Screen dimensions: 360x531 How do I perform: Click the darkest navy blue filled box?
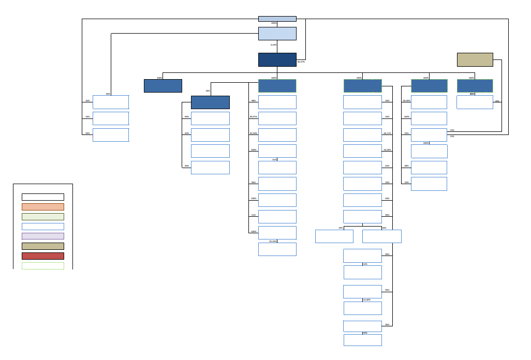click(x=277, y=59)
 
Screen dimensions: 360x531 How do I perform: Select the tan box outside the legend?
click(x=475, y=59)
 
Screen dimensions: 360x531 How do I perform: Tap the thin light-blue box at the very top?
click(x=277, y=19)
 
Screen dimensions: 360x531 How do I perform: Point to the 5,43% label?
click(x=273, y=45)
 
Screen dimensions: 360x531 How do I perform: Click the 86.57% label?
click(x=301, y=62)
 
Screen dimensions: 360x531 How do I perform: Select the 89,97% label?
click(x=253, y=117)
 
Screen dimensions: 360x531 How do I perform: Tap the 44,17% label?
click(x=387, y=133)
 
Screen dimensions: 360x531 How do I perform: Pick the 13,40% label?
click(x=366, y=300)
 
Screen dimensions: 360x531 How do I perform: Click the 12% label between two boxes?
click(x=365, y=264)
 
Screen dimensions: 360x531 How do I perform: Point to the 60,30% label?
click(x=406, y=100)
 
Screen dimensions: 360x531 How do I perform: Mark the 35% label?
click(x=87, y=100)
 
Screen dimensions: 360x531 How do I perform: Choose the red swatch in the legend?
click(x=43, y=256)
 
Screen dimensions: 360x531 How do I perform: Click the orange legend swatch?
click(x=43, y=207)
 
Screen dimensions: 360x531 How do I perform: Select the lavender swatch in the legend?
click(x=43, y=236)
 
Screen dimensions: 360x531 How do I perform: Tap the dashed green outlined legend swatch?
click(x=43, y=266)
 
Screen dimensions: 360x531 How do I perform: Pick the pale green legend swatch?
click(x=43, y=217)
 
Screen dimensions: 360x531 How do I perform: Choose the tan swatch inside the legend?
click(x=43, y=246)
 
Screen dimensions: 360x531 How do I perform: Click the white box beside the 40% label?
click(x=210, y=168)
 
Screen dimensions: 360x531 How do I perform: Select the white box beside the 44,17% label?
click(x=362, y=135)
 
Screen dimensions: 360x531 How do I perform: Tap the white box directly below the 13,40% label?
click(x=362, y=308)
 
